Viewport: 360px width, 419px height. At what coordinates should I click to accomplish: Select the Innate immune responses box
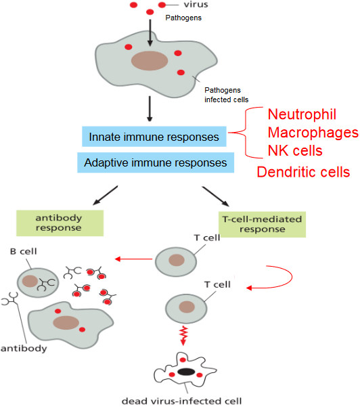point(155,137)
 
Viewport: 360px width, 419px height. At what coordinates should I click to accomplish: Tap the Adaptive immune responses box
point(155,162)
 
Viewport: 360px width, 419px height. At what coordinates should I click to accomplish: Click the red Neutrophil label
point(302,114)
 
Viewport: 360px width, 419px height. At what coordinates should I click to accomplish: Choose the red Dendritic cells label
point(303,172)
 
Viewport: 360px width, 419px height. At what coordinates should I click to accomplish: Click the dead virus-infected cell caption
point(181,400)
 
